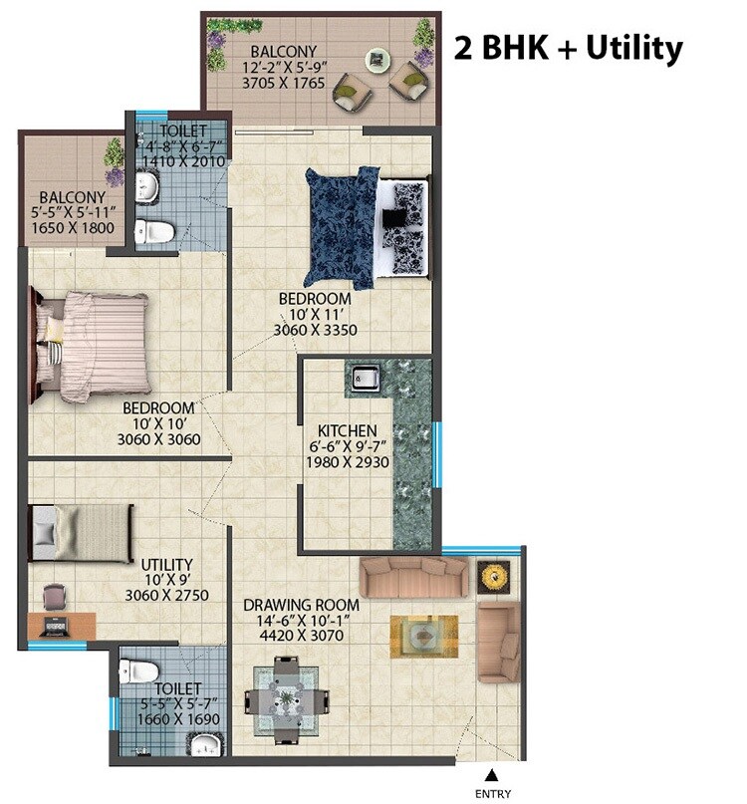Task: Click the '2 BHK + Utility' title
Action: [x=568, y=48]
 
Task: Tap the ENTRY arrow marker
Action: [x=491, y=774]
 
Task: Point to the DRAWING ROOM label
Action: [x=303, y=605]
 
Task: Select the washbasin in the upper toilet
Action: [x=147, y=185]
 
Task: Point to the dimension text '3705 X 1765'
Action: [x=284, y=85]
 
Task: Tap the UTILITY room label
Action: [x=166, y=564]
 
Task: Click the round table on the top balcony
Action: [x=377, y=61]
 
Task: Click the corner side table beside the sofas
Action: [x=494, y=574]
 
